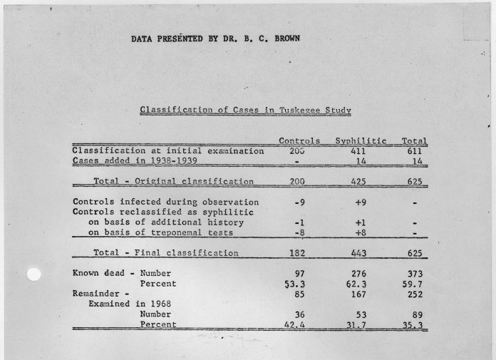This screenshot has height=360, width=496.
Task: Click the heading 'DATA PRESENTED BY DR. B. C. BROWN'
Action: (x=215, y=38)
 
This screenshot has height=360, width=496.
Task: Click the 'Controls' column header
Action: (x=299, y=141)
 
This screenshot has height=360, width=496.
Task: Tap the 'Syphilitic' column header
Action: (x=361, y=141)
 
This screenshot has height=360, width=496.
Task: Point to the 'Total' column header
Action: (x=414, y=141)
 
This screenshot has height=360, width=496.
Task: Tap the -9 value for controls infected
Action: (x=299, y=202)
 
